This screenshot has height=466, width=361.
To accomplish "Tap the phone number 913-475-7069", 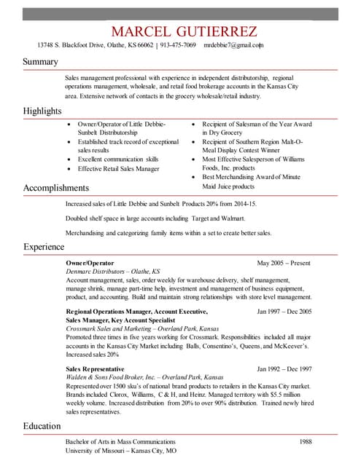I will [178, 45].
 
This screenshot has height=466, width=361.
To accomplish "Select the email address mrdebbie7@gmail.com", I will [233, 45].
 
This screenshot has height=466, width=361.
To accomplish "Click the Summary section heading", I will [40, 63].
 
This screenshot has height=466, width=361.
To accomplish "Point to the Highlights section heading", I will [43, 111].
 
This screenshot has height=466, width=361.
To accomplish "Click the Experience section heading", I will [44, 248].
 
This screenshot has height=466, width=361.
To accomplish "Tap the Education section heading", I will [42, 426].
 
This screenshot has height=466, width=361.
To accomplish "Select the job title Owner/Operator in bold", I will [85, 261].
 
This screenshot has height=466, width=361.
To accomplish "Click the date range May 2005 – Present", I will [284, 261].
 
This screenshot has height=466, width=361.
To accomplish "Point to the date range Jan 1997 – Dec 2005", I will [284, 311].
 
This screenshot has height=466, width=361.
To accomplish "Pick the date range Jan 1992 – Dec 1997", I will [284, 369].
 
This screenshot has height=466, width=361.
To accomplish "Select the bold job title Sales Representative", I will [95, 369].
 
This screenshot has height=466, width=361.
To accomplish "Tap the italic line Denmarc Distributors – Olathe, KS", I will [113, 270].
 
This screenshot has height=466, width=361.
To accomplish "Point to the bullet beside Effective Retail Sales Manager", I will [69, 169].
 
